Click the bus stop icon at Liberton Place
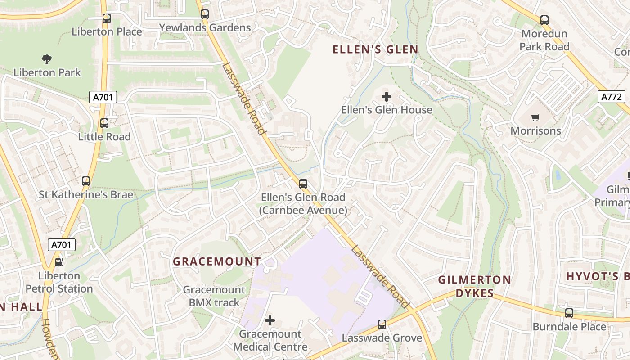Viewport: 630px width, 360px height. (x=106, y=18)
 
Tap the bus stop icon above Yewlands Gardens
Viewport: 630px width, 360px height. (x=205, y=14)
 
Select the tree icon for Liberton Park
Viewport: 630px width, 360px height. (x=46, y=59)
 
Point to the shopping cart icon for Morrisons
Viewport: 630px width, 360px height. (x=535, y=118)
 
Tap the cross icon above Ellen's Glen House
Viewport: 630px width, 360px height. (x=387, y=97)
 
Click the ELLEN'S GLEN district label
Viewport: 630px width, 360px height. (x=375, y=49)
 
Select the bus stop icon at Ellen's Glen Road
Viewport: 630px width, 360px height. (x=303, y=184)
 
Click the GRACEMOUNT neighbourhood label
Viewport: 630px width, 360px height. (x=217, y=261)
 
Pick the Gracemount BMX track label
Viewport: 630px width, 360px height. (x=214, y=296)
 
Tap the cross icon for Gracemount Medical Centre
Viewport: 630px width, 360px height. (x=270, y=320)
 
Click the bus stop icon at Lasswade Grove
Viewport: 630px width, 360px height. (x=382, y=324)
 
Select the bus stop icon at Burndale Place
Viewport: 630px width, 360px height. (x=569, y=313)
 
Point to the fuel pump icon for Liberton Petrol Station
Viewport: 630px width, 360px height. (x=59, y=262)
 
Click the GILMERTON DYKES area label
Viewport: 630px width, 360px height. (x=475, y=287)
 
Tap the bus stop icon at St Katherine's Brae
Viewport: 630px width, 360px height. (x=85, y=181)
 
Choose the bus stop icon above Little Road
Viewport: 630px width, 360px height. (x=104, y=123)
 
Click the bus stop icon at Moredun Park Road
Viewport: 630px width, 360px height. (x=544, y=20)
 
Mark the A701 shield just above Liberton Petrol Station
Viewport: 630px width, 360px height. (x=62, y=245)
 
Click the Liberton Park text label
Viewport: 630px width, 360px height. (x=47, y=72)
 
